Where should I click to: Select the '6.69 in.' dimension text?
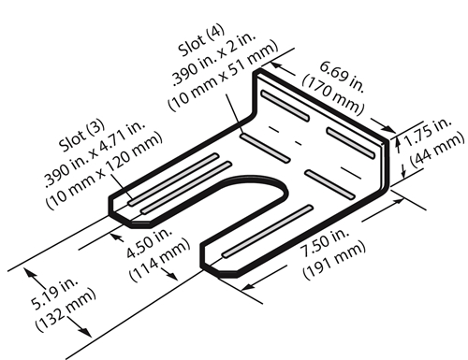coord(343,77)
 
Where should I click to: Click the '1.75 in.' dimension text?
coord(428,132)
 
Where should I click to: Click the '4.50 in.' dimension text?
coord(149,242)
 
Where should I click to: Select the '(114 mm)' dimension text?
coord(160,260)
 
